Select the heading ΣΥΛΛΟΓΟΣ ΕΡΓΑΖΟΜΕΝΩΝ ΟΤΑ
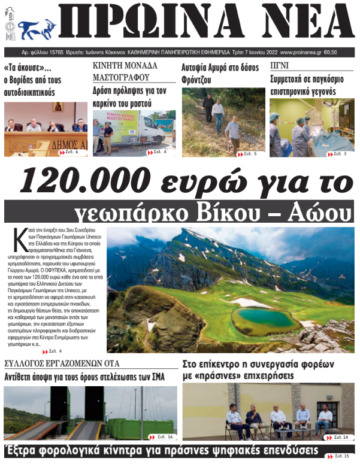[62, 363]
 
